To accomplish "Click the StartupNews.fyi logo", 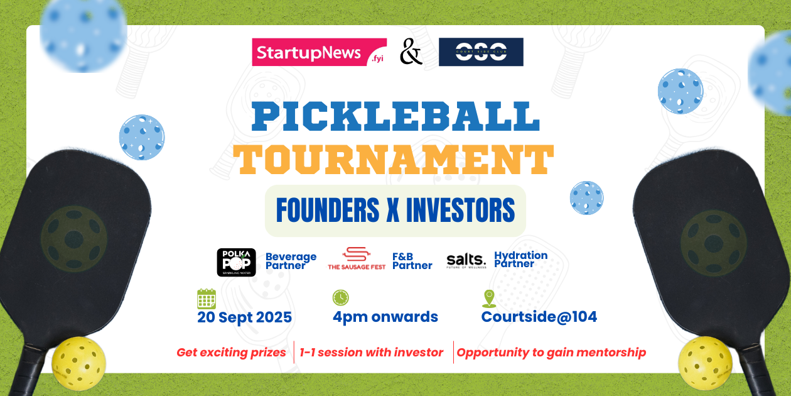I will (319, 52).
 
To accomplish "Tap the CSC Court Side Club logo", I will (481, 52).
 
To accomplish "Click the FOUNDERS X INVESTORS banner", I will (395, 211).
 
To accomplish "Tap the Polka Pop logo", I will (236, 262).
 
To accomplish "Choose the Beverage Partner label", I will (291, 261).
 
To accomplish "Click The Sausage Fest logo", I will (357, 258).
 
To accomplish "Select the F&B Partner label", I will (412, 261).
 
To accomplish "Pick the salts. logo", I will (466, 261).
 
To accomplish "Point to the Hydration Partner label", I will (520, 259).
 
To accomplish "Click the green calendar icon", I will (207, 298).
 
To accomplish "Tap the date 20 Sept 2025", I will (244, 317).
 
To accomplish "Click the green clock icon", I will (341, 298).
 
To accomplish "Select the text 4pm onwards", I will (385, 317).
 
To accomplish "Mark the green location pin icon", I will (488, 299).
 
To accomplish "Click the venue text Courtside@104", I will (539, 317).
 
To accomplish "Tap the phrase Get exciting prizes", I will (231, 353).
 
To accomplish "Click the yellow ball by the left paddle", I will (78, 363).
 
